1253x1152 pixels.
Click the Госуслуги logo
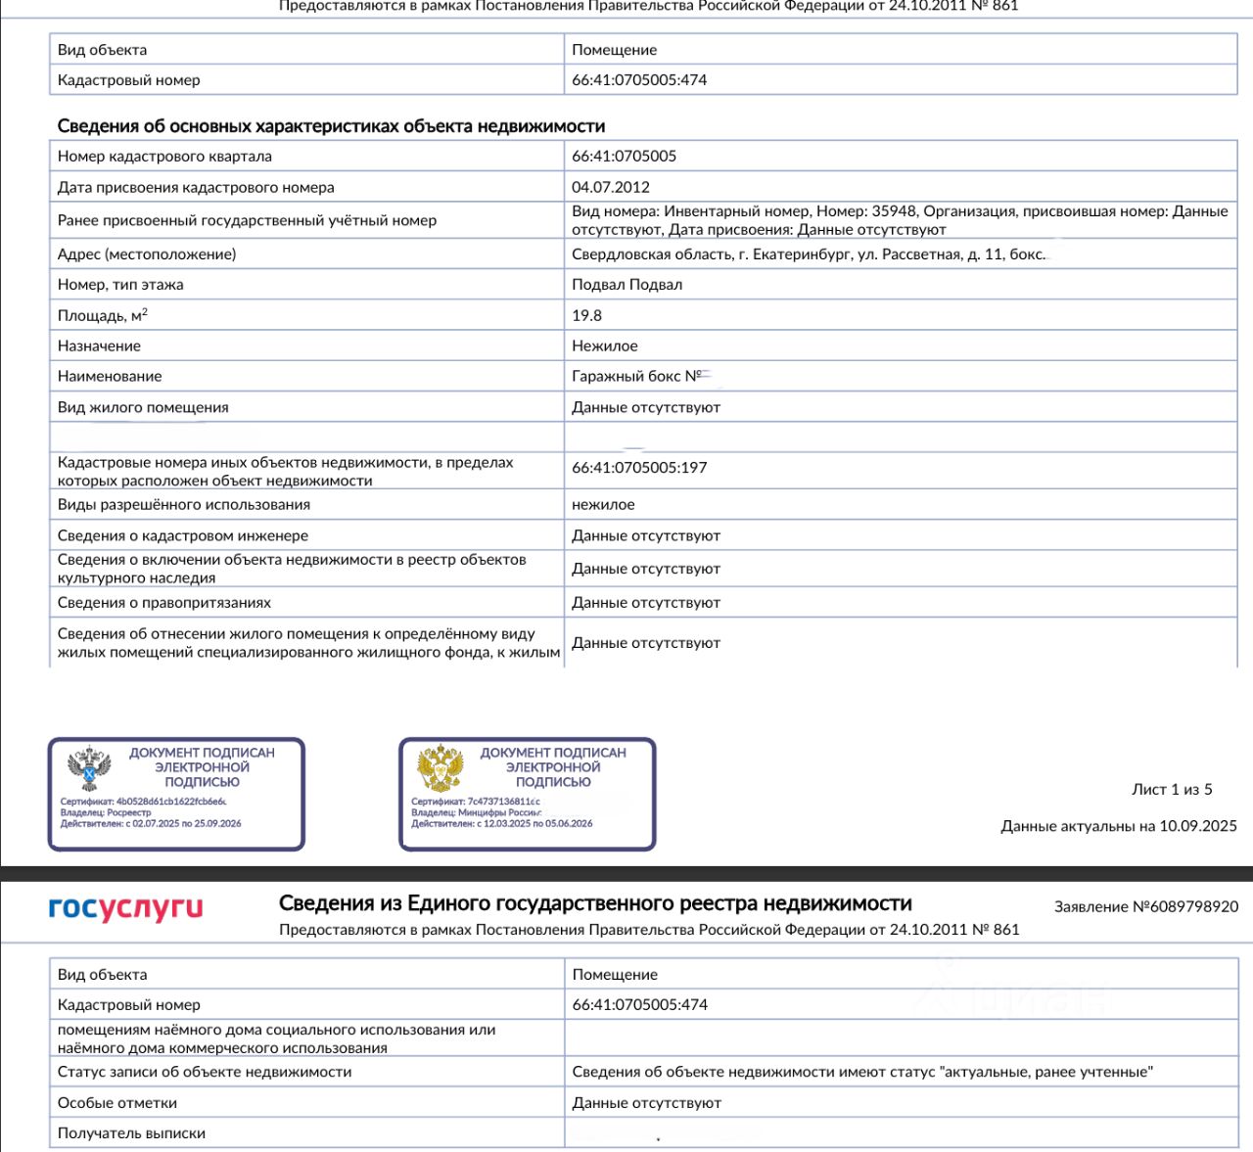point(125,908)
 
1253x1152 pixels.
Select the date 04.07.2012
point(611,187)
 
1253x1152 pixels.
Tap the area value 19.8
point(587,315)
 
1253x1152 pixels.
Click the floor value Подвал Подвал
point(627,285)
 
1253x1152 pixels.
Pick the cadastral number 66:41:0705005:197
point(639,468)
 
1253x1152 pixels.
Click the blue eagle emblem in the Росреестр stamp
point(89,768)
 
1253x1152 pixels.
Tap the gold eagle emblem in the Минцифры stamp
point(441,768)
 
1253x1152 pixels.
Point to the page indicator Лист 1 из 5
point(1172,790)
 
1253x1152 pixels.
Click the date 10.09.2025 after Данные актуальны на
point(1198,826)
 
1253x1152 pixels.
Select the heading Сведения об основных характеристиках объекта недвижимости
point(331,126)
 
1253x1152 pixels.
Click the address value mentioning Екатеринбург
point(809,254)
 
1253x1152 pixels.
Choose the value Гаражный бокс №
point(636,376)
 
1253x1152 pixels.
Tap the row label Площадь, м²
point(103,315)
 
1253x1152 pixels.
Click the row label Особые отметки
point(117,1103)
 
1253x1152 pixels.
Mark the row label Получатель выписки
point(131,1133)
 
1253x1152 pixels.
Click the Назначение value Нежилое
point(605,346)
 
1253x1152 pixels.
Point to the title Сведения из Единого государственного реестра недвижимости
point(595,903)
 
